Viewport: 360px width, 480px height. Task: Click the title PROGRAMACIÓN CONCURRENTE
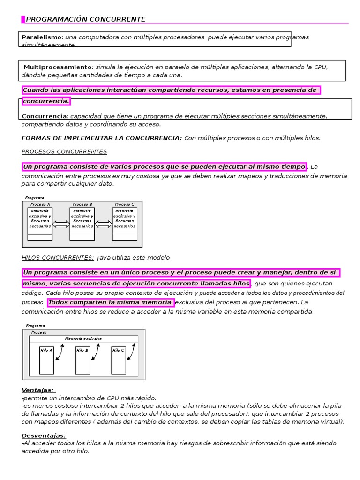pos(85,19)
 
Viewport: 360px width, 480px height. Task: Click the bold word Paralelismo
pos(42,37)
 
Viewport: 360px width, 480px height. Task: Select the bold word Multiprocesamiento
pos(58,67)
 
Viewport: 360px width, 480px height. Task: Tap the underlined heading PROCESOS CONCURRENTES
pos(64,151)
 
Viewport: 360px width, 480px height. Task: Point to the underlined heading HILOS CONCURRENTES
pos(58,257)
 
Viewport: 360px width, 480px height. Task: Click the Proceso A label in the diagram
pos(40,205)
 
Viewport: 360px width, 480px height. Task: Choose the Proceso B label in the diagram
pos(82,205)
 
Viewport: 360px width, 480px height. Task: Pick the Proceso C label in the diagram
pos(125,205)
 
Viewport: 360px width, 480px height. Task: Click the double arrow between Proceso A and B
pos(61,225)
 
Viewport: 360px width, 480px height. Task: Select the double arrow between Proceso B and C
pos(104,225)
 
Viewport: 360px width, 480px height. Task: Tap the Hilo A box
pos(46,360)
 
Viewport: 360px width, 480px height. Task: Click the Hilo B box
pos(82,360)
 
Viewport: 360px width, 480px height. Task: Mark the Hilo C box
pos(118,360)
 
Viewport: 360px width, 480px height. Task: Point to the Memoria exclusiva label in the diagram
pos(83,338)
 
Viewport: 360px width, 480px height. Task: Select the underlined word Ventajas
pos(38,390)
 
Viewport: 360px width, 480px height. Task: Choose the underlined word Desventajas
pos(44,435)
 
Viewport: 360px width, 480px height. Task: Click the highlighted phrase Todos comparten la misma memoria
pos(111,302)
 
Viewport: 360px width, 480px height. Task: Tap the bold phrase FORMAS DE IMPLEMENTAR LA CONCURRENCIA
pos(102,138)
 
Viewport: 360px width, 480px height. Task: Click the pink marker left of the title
pos(23,19)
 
